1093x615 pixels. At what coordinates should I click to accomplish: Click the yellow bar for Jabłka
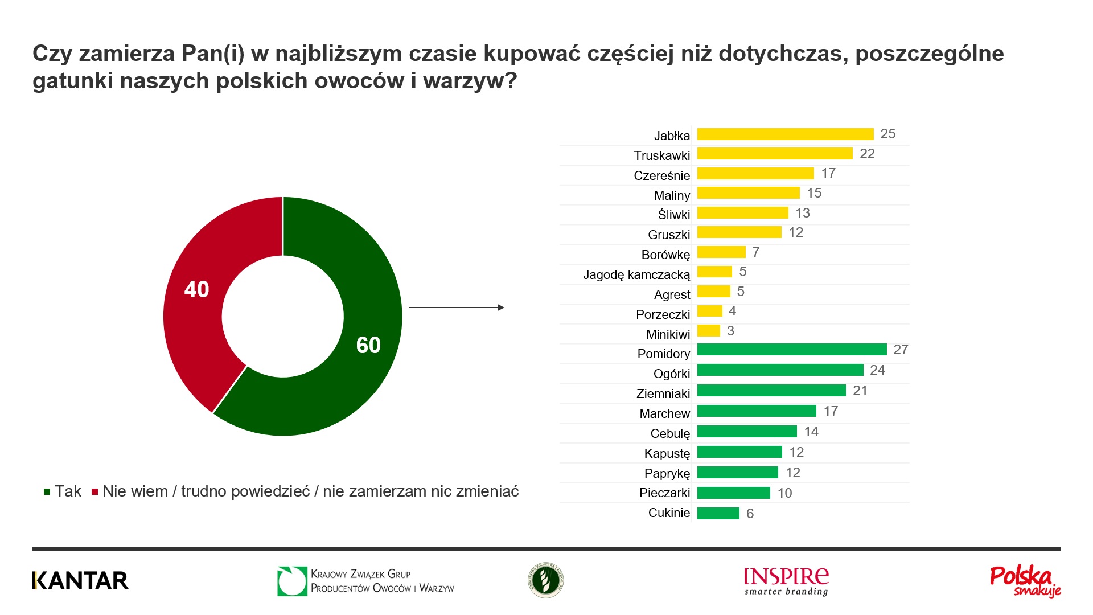pos(785,134)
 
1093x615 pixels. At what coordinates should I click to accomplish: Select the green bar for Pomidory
pos(792,350)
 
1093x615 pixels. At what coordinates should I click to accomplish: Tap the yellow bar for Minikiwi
pos(709,331)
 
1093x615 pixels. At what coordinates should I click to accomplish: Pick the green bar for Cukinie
pos(718,514)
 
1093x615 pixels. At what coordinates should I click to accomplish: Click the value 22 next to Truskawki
pos(867,154)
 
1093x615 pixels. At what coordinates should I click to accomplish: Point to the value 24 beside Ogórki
pos(877,370)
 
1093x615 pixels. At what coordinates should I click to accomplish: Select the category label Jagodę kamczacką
pos(636,275)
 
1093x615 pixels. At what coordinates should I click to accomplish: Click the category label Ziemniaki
pos(663,393)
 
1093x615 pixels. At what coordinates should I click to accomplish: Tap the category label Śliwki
pos(673,215)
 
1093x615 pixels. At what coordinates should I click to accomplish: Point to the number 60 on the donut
pos(368,345)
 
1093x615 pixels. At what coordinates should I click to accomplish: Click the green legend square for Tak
pos(47,492)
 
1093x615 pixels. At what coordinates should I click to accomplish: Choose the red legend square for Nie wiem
pos(95,492)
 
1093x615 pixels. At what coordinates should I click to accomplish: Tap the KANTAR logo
pos(80,580)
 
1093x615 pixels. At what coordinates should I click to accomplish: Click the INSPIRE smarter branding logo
pos(786,581)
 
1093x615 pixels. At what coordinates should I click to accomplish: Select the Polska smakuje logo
pos(1025,581)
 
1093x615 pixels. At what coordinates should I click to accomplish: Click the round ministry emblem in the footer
pos(545,580)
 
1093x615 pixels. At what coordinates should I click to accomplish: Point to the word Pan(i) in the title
pos(213,54)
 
